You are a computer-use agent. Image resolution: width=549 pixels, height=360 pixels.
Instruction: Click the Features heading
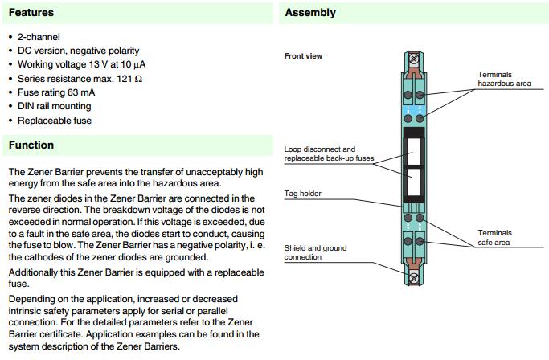click(x=31, y=13)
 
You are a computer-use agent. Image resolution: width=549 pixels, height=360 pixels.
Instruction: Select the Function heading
click(x=31, y=145)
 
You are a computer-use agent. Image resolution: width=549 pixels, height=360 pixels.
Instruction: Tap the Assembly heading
click(x=310, y=13)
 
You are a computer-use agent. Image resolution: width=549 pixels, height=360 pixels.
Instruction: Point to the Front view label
click(x=303, y=56)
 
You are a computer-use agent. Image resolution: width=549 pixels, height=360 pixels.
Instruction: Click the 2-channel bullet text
click(x=39, y=38)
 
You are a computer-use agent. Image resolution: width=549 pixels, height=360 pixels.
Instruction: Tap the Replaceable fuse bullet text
click(x=55, y=121)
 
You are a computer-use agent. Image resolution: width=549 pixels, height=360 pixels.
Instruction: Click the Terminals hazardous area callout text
click(x=504, y=79)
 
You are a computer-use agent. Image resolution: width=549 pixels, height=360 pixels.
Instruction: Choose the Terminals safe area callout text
click(x=496, y=237)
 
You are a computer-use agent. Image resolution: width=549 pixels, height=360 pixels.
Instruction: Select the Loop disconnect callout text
click(x=320, y=149)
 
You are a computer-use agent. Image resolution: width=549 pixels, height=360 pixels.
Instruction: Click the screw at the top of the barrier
click(x=415, y=59)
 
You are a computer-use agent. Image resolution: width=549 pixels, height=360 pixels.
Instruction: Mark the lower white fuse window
click(x=415, y=182)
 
